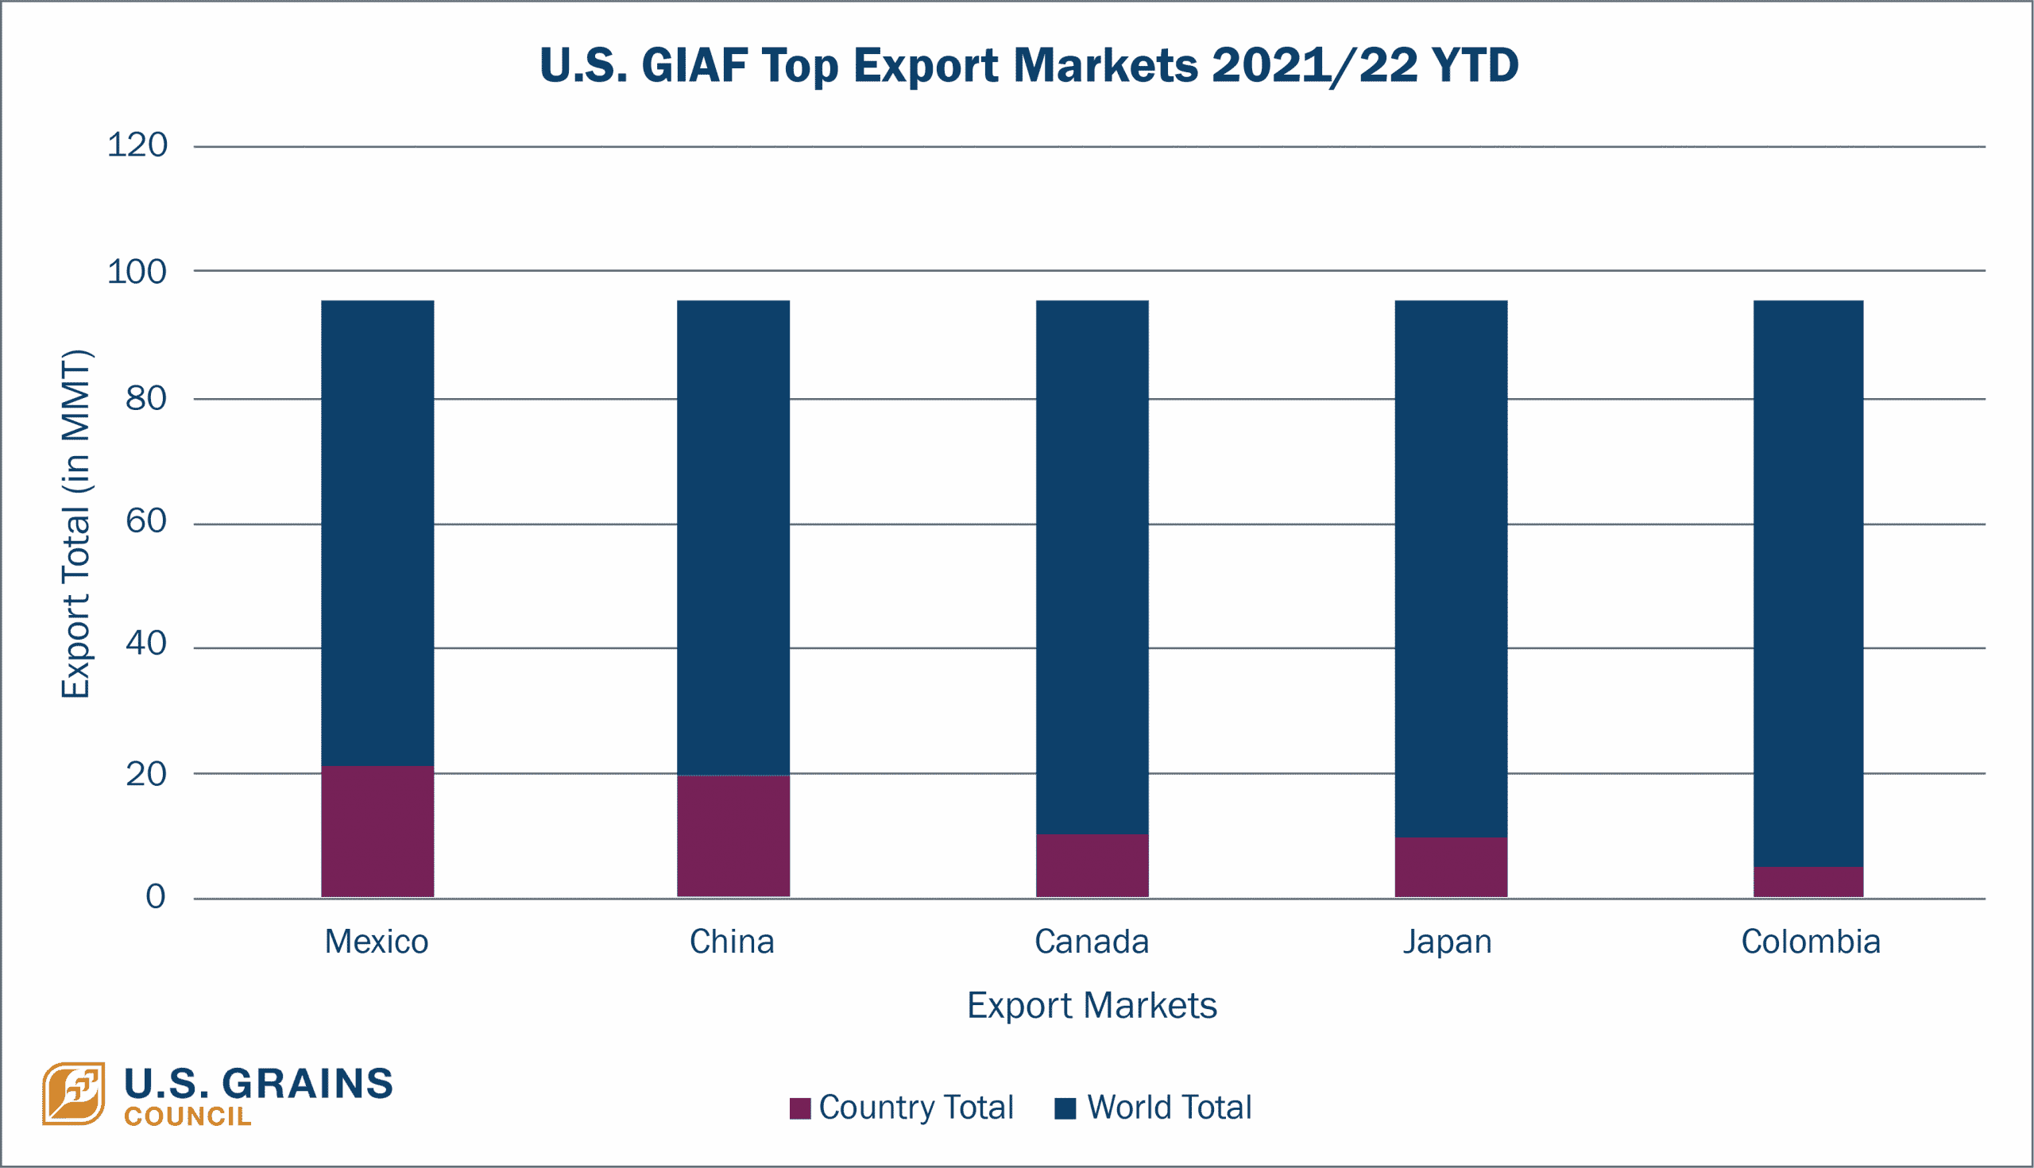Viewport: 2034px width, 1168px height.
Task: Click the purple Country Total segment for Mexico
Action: (377, 832)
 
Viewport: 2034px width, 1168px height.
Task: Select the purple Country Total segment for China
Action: (733, 837)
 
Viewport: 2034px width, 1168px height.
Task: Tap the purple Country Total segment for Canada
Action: (1092, 866)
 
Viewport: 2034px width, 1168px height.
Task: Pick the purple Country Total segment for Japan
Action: (1450, 868)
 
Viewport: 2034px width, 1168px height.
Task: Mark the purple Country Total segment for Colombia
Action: (1808, 883)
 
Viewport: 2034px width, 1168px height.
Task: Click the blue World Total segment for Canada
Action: (1092, 562)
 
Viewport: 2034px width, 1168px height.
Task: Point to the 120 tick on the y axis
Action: (137, 146)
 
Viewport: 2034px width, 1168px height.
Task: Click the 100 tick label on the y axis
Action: (137, 273)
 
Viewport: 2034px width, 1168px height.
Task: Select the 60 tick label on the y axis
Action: (146, 522)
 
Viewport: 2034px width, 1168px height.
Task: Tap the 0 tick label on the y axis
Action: (156, 897)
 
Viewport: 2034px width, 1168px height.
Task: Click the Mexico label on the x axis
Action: (376, 942)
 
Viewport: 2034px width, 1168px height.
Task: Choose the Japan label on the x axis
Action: (1448, 942)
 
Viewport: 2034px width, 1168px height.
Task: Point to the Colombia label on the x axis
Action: (1810, 942)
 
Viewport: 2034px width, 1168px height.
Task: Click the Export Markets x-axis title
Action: (1092, 1006)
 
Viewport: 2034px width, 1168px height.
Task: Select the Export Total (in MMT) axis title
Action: (76, 523)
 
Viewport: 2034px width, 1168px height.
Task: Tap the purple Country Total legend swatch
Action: (799, 1108)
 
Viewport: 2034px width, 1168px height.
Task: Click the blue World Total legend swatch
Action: (1065, 1108)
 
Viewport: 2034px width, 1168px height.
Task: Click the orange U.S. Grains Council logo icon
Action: (74, 1093)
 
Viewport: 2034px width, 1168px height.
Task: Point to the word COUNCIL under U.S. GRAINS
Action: (187, 1116)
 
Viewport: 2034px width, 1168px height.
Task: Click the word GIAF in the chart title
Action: (694, 66)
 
